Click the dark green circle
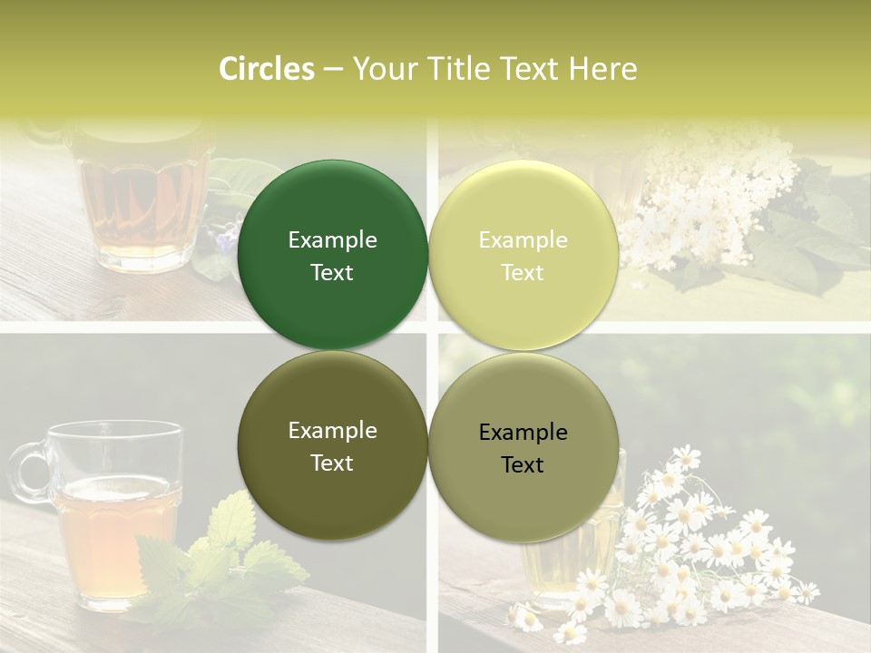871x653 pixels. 332,255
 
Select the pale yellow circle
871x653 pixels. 524,255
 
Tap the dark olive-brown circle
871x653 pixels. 332,445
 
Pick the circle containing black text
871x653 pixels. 524,447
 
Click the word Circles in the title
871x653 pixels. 267,69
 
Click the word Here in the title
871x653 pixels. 602,69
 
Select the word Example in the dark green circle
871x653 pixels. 332,239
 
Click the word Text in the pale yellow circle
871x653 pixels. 523,272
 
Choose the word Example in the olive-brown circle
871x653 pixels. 332,430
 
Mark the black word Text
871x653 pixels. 523,464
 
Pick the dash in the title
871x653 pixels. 333,69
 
